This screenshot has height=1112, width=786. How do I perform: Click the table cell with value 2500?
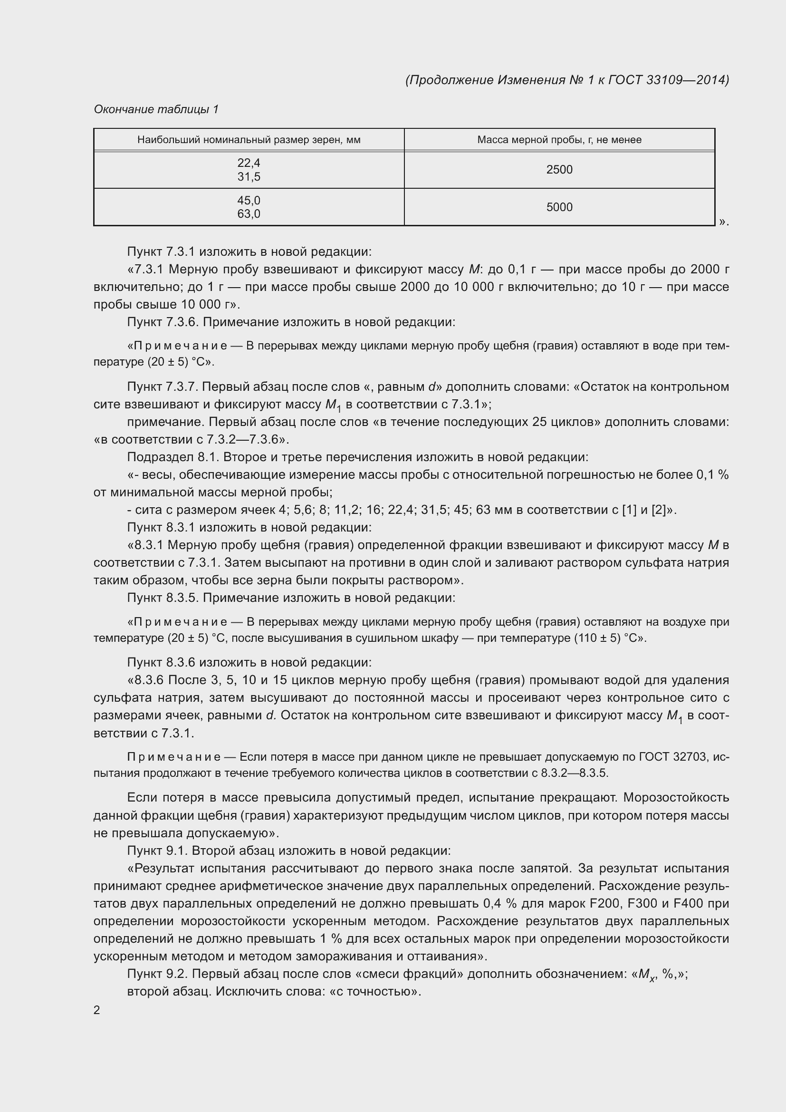pos(559,170)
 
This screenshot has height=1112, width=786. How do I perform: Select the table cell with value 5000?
pos(559,207)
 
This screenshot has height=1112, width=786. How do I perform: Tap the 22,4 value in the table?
pos(249,163)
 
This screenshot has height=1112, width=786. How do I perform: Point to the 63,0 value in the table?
pos(249,214)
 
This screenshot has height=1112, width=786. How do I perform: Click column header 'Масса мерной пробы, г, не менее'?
pos(559,140)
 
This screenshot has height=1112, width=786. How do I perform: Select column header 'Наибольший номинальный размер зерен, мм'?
pos(249,140)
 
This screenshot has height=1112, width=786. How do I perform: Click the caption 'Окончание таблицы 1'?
pos(156,109)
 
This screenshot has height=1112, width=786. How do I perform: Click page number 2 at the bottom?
pos(97,1010)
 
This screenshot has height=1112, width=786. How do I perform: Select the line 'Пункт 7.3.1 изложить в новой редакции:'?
pos(249,252)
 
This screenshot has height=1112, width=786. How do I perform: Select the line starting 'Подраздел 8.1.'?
pos(357,457)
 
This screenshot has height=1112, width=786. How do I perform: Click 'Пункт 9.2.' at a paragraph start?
pos(158,974)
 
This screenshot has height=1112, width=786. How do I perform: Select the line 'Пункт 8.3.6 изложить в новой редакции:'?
pos(249,663)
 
